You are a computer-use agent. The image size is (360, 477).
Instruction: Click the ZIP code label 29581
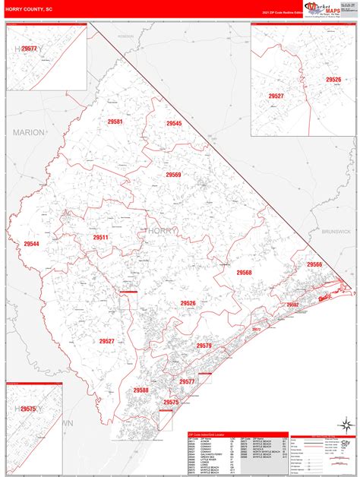click(x=115, y=122)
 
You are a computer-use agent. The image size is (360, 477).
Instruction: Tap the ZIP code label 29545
click(x=174, y=123)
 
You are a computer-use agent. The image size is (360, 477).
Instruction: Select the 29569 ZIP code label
click(x=174, y=175)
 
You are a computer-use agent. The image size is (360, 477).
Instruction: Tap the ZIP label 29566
click(x=314, y=264)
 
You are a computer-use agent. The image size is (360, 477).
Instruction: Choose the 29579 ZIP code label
click(x=204, y=346)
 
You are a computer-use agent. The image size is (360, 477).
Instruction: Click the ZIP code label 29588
click(x=141, y=390)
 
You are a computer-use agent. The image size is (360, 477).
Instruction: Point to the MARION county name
click(x=29, y=132)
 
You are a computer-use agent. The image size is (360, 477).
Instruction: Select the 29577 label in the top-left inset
click(x=29, y=49)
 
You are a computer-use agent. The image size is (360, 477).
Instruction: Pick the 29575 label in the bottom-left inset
click(x=28, y=409)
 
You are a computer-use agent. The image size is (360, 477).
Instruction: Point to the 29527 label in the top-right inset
click(x=276, y=96)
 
